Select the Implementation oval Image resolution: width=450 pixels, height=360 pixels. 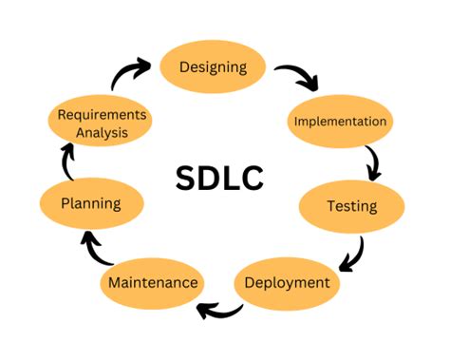[x=340, y=122]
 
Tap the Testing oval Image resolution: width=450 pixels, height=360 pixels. [x=351, y=206]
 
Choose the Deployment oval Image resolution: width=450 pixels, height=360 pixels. [x=286, y=282]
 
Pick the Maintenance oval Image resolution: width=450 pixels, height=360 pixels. [x=152, y=283]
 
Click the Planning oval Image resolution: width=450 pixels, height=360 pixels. [x=90, y=203]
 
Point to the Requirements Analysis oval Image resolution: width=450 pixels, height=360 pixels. [x=103, y=123]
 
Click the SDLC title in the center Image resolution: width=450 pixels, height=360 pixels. [x=219, y=177]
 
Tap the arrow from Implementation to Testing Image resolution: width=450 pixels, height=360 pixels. [x=372, y=163]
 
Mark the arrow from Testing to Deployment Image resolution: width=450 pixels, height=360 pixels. [x=352, y=253]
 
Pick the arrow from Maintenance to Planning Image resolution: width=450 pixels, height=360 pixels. [x=97, y=250]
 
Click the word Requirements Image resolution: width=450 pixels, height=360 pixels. [x=103, y=115]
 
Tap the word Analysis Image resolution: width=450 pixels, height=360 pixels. [x=103, y=133]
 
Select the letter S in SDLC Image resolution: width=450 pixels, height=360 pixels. [x=187, y=177]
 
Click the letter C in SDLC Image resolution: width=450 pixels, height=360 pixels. [x=252, y=177]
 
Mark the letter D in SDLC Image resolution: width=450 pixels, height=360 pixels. [x=210, y=177]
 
